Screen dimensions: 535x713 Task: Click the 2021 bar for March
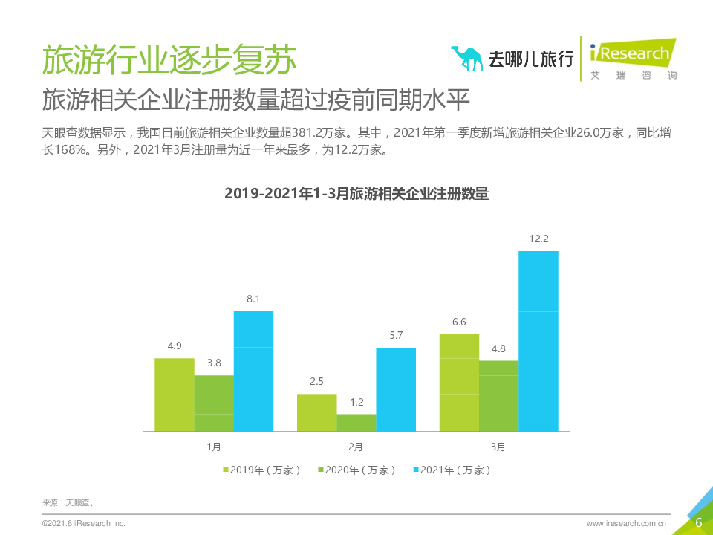(538, 341)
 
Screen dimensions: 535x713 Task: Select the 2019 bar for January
(175, 395)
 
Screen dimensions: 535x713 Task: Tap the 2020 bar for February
(356, 423)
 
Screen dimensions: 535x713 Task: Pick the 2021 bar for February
(395, 389)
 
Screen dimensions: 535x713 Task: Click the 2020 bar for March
(498, 396)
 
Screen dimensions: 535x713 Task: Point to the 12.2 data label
(538, 239)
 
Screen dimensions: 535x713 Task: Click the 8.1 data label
(253, 299)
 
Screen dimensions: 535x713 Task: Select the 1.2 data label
(356, 402)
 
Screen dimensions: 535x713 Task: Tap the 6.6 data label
(459, 322)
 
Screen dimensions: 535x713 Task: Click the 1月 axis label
(214, 447)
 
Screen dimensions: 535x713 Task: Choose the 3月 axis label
(498, 447)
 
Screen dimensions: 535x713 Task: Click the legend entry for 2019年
(262, 470)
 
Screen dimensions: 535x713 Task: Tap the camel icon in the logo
(466, 58)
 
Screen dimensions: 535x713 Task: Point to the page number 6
(698, 522)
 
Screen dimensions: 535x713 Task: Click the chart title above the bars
(356, 194)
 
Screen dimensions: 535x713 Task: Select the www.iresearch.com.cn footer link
(626, 524)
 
